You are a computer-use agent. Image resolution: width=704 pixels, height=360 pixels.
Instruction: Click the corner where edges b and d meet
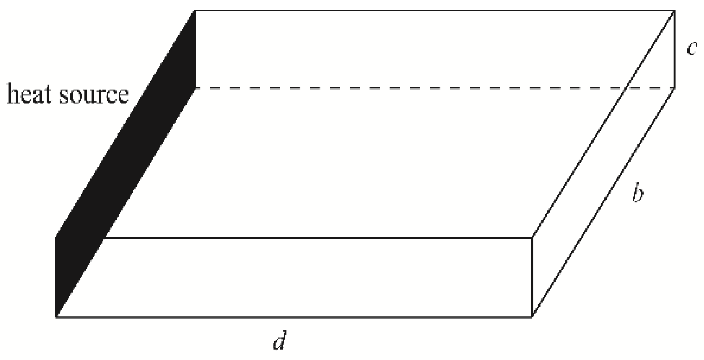(532, 317)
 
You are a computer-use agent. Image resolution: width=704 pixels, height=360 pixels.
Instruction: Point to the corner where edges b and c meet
(674, 88)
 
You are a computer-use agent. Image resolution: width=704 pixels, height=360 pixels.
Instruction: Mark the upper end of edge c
(674, 10)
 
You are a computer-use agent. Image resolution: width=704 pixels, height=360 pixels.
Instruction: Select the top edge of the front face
(317, 238)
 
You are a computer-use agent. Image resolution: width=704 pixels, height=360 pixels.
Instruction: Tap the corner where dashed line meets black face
(196, 88)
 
